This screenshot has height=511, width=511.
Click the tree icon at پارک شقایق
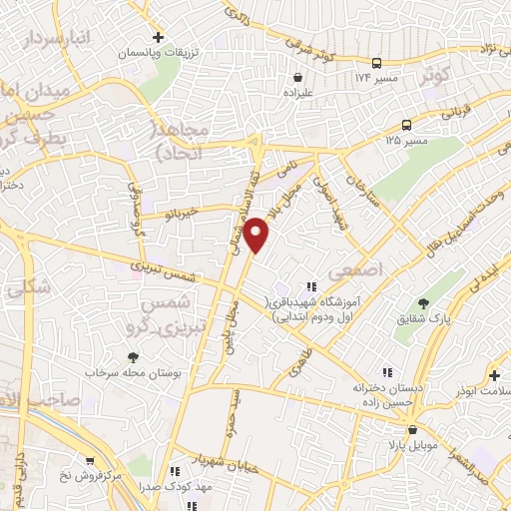[424, 302]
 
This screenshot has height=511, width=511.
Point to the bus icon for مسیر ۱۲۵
[406, 125]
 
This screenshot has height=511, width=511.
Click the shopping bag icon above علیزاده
[296, 77]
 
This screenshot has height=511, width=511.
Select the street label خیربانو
[183, 212]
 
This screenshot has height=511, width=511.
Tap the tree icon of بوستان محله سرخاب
[132, 356]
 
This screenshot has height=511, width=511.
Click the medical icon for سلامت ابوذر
[494, 375]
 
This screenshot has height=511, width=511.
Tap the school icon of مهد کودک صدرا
[172, 470]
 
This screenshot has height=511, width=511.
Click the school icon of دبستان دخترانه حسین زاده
[357, 380]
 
